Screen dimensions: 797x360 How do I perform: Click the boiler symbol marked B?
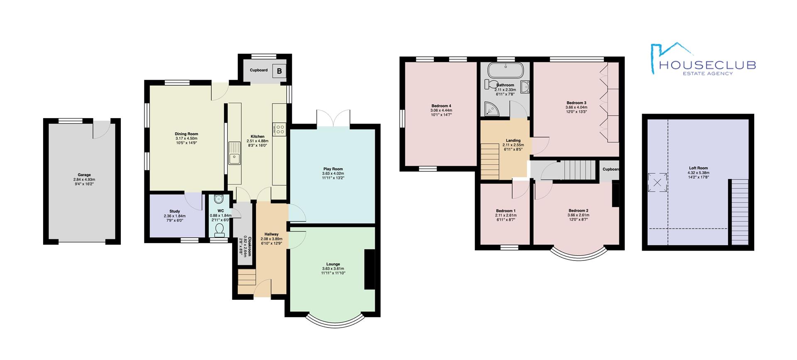279,71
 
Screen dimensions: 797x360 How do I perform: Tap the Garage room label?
84,175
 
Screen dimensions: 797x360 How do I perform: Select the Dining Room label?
186,134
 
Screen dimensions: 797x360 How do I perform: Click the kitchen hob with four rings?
279,129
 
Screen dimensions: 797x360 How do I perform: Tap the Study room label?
175,212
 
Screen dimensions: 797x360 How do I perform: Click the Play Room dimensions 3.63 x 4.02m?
333,173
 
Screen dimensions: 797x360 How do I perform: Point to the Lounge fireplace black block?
370,269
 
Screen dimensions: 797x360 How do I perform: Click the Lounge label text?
333,264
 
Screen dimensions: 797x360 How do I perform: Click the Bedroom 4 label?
441,106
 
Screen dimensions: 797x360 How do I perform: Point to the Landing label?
513,141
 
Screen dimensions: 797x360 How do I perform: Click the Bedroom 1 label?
506,211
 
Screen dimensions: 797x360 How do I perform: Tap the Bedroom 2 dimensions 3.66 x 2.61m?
578,215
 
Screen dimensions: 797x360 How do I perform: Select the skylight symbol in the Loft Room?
657,182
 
